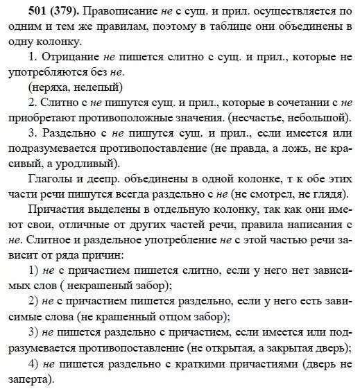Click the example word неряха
click(x=46, y=87)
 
